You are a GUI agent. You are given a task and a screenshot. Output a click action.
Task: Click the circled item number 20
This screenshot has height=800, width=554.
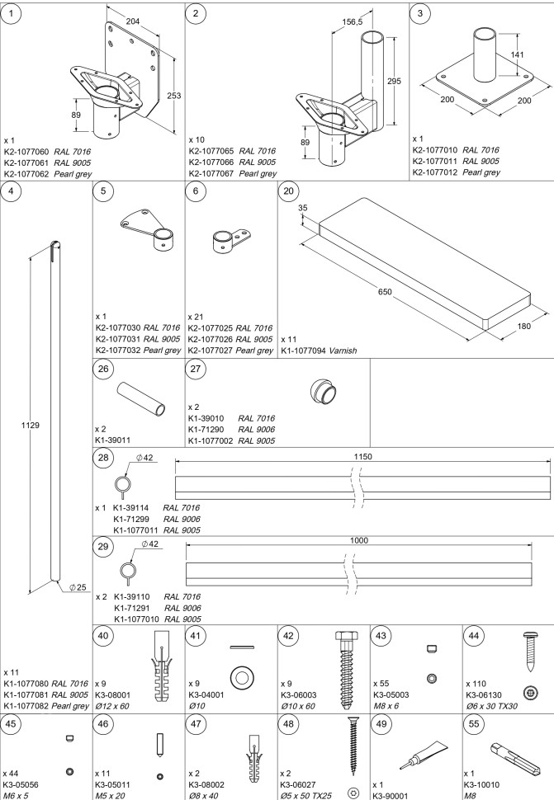click(x=288, y=191)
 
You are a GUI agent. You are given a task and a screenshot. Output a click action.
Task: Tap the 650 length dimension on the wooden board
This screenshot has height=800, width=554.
click(x=385, y=292)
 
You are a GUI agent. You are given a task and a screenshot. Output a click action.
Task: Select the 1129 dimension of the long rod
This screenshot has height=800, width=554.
click(x=30, y=425)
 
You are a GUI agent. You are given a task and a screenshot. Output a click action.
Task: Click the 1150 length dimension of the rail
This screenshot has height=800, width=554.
click(x=363, y=457)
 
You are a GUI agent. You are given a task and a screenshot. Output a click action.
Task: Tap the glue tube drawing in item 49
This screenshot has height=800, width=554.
click(x=424, y=755)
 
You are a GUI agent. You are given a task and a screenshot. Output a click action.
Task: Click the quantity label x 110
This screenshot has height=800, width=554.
click(x=476, y=684)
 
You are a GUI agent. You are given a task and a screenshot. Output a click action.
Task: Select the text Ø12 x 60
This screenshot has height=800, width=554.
click(x=112, y=706)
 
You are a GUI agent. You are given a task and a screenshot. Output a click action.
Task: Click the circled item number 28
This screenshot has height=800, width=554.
click(x=103, y=457)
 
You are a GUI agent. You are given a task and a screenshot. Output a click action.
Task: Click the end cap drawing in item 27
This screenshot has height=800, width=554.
click(x=323, y=392)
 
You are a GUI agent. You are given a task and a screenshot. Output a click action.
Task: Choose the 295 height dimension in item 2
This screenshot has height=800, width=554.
click(x=394, y=81)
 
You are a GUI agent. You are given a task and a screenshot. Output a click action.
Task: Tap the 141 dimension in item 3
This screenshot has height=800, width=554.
click(x=517, y=54)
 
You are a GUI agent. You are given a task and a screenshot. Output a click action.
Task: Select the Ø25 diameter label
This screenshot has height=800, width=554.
click(x=78, y=587)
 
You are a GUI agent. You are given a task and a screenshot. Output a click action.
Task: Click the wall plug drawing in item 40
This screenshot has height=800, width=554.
click(x=161, y=666)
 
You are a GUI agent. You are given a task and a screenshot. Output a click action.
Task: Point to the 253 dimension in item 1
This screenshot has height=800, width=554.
click(x=173, y=96)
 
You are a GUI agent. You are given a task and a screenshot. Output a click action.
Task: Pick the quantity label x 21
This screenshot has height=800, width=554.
click(x=196, y=317)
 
